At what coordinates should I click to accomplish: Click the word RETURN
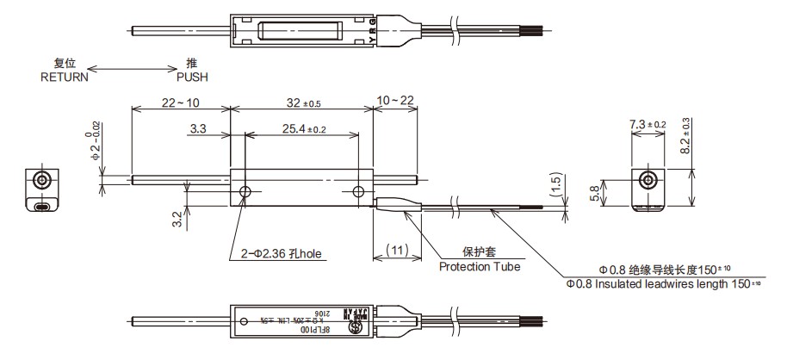coord(65,77)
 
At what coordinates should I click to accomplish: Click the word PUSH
coord(192,77)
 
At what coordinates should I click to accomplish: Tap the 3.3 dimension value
coord(197,129)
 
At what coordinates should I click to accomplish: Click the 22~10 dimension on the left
coord(180,102)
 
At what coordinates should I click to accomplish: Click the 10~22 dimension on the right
coord(395,102)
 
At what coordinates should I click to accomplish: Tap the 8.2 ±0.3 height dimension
coord(685,134)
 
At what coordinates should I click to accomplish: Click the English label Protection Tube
coord(480,267)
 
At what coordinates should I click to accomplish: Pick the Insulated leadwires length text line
coord(664,282)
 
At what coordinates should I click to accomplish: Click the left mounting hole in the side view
coord(245,191)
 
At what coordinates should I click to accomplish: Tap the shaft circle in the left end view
coord(40,181)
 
